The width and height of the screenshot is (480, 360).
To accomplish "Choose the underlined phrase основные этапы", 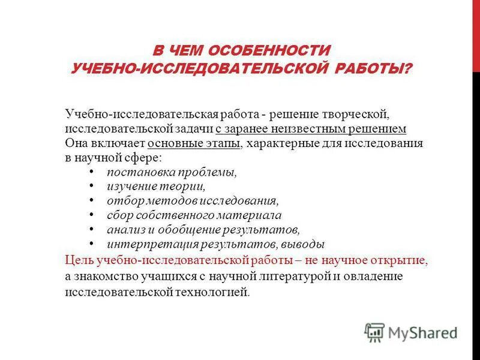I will [x=194, y=144].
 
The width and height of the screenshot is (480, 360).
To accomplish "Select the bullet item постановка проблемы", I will [x=172, y=173].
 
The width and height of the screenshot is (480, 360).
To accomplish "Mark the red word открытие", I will [x=405, y=260].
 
